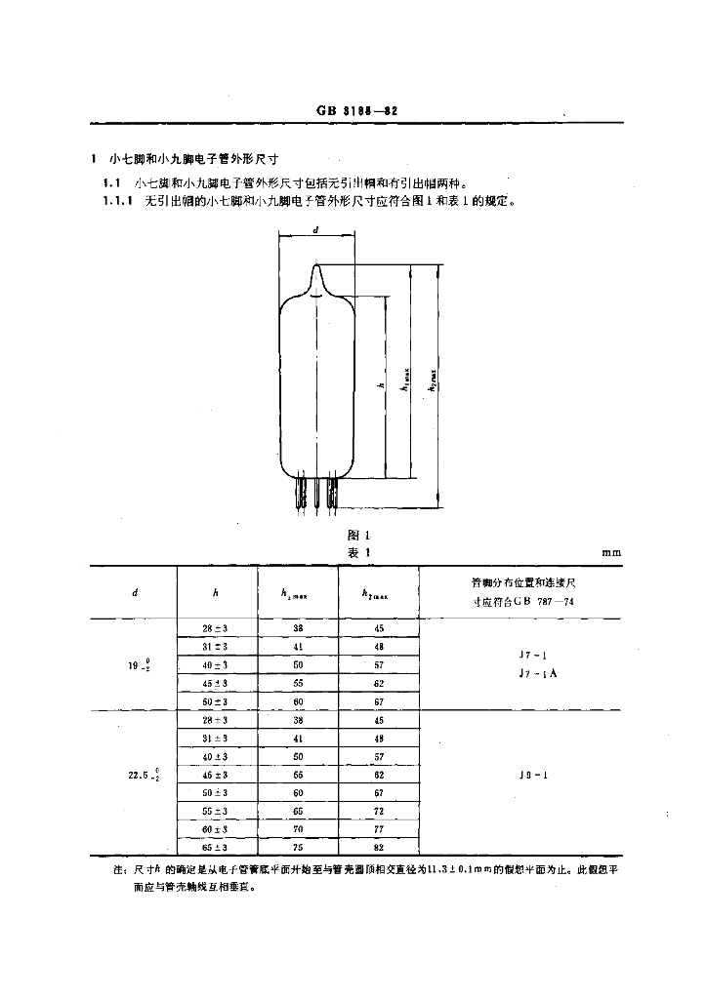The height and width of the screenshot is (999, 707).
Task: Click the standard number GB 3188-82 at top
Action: (x=355, y=111)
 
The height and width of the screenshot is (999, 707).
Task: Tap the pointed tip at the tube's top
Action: (x=316, y=266)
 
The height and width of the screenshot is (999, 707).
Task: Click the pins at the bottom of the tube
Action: (x=316, y=495)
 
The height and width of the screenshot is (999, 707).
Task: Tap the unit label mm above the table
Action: (x=611, y=553)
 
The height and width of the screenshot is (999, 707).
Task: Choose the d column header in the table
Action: (x=134, y=592)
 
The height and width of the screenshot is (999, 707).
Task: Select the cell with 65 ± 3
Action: (x=215, y=847)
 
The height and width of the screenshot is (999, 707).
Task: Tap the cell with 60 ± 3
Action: (x=215, y=829)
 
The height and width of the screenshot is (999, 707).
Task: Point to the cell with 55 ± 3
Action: (x=215, y=811)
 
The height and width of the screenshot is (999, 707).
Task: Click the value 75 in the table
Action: (x=298, y=847)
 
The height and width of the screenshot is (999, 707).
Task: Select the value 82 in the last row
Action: (x=378, y=847)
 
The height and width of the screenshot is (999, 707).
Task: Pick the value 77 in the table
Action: (x=378, y=829)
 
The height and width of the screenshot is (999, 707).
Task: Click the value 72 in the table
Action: (x=378, y=811)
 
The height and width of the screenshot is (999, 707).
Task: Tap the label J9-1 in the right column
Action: (x=520, y=776)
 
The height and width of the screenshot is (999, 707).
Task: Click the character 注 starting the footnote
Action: (x=118, y=869)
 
